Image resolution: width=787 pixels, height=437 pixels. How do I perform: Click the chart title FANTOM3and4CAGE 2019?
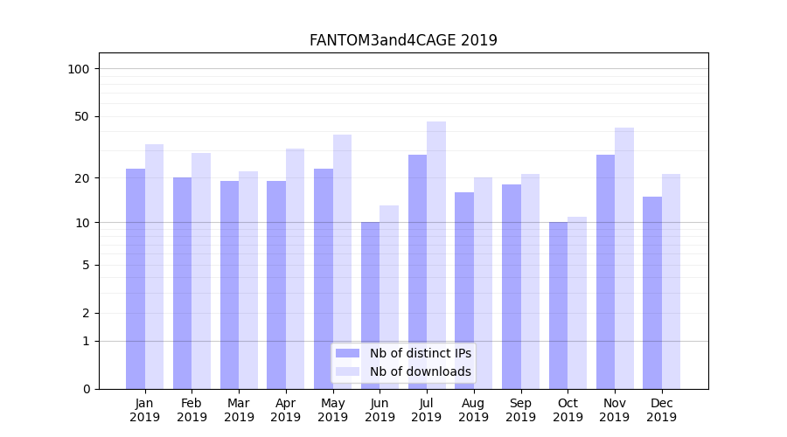(x=403, y=40)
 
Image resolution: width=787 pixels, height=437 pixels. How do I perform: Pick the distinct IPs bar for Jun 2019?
(x=370, y=305)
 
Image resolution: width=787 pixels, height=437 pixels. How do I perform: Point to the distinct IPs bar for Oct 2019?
(x=558, y=305)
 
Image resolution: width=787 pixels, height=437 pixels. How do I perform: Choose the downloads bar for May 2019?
(x=342, y=261)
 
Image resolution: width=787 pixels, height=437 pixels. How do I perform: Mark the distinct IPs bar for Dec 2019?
(x=652, y=292)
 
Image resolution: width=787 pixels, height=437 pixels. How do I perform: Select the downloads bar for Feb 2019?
(x=201, y=270)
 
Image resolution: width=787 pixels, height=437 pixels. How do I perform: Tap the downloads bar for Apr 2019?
(x=295, y=268)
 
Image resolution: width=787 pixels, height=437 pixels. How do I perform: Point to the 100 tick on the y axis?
(x=79, y=69)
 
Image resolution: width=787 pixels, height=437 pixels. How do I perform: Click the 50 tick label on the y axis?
(x=82, y=116)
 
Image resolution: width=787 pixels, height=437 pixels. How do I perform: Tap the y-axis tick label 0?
(x=86, y=389)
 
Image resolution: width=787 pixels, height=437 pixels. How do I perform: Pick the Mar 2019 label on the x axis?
(x=239, y=410)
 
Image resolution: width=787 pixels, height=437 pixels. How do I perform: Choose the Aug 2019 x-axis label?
(x=473, y=410)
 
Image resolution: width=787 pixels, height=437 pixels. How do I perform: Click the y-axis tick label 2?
(x=86, y=313)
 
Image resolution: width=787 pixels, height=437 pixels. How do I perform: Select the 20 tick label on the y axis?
(x=82, y=178)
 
